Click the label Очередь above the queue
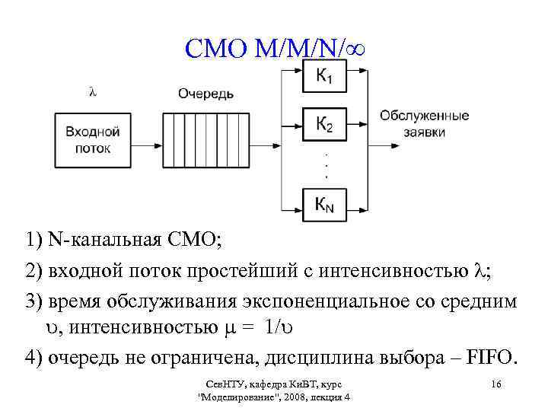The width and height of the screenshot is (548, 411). point(205,94)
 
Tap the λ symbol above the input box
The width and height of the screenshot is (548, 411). point(92,92)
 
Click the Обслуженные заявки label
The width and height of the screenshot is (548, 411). point(424,123)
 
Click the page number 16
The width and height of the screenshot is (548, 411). point(496,384)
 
